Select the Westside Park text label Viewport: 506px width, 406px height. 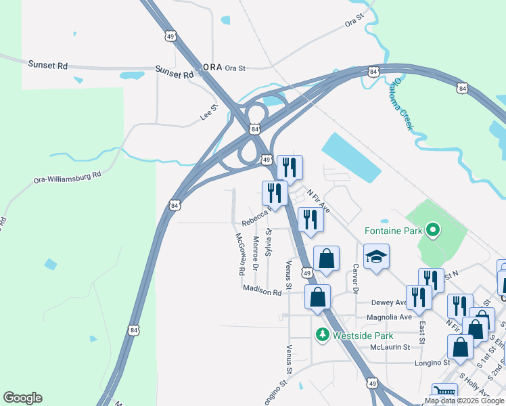363,336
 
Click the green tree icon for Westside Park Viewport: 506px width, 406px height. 323,335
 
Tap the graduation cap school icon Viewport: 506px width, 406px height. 376,258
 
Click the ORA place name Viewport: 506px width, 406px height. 212,68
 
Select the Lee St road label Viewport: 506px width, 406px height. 209,112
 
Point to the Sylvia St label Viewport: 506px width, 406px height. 269,242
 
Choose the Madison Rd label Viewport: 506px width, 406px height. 262,292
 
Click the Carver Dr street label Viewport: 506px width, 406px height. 354,279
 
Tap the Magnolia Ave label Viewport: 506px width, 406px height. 389,317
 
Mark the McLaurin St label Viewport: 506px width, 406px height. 390,347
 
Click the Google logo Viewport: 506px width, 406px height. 22,398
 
